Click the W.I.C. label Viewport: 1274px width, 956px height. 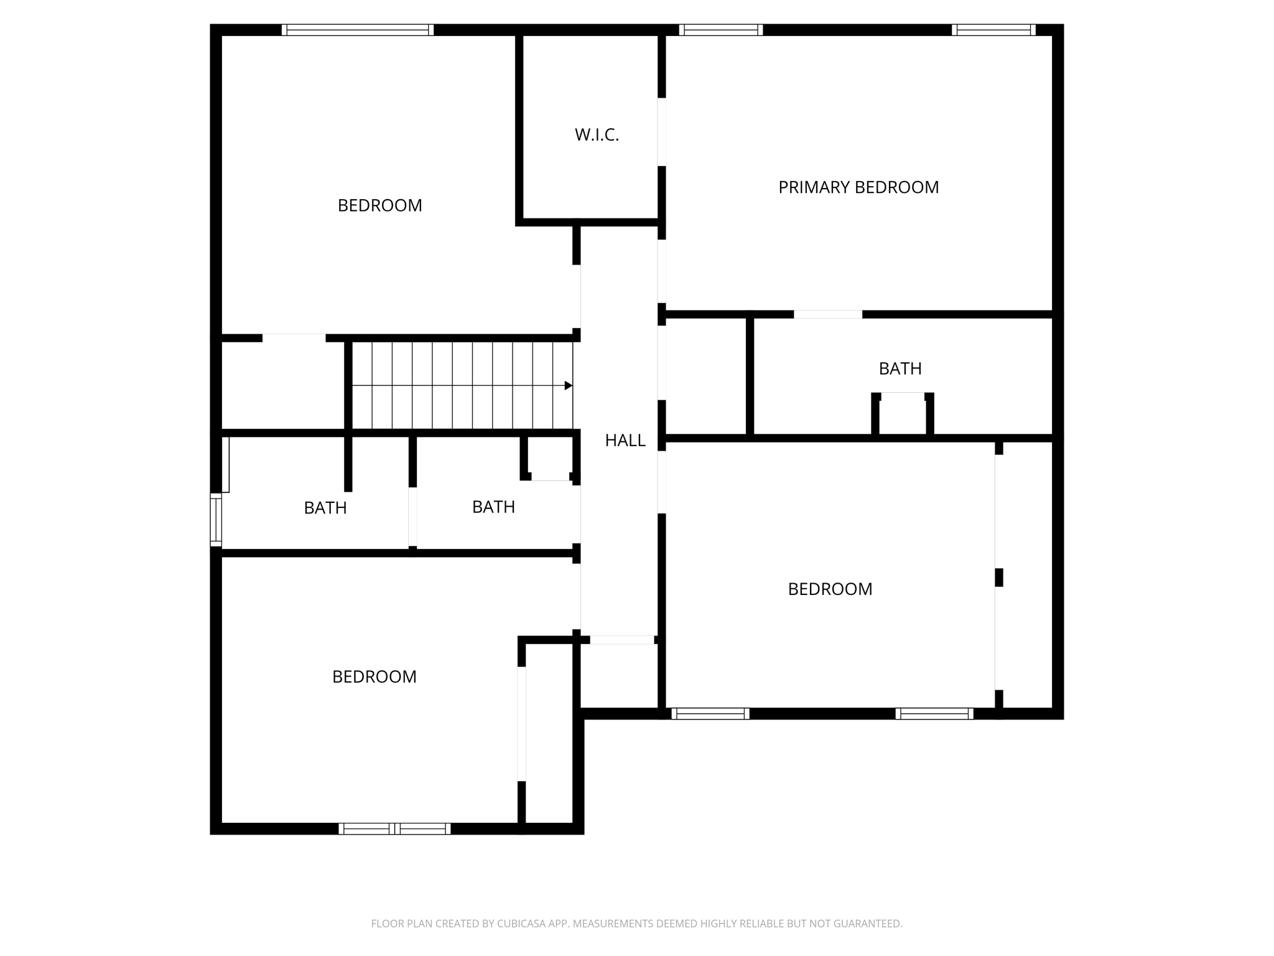(597, 134)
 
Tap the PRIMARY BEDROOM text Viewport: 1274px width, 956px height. (858, 187)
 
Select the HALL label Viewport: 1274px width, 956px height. (625, 440)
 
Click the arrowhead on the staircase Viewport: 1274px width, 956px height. (568, 386)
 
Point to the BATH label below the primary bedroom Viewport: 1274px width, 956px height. (900, 368)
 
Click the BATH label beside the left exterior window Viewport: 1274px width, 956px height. (325, 508)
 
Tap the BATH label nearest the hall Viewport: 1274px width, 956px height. (493, 507)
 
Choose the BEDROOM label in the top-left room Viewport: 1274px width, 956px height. (379, 205)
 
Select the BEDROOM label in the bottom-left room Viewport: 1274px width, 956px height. (374, 677)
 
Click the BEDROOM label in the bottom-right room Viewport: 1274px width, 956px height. (830, 589)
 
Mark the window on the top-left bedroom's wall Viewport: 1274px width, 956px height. (358, 30)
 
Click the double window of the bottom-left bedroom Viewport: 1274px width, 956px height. (394, 828)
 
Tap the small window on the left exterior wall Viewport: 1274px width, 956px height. (216, 520)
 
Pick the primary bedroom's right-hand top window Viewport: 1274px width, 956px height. (993, 30)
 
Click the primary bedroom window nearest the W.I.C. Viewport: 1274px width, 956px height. (721, 30)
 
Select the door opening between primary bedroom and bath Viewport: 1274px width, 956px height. (828, 314)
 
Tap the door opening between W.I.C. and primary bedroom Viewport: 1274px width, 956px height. (662, 132)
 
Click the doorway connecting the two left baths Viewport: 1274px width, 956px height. (412, 517)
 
